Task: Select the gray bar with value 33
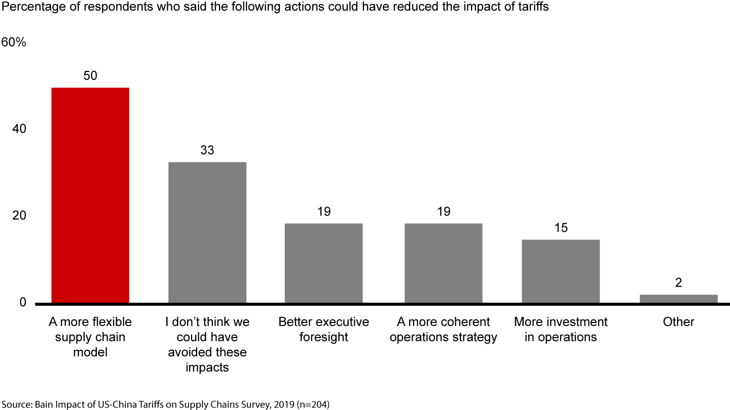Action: coord(207,232)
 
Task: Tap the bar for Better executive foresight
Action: coord(323,263)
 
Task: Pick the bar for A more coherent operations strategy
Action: coord(443,263)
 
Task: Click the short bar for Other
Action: coord(678,299)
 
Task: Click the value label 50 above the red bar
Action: coord(90,76)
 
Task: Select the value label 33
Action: coord(207,150)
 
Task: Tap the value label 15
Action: coord(561,228)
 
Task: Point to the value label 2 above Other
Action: coord(678,283)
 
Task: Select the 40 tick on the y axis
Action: coord(19,130)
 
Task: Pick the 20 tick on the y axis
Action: coord(19,216)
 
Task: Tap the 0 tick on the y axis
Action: coord(23,303)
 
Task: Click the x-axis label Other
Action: coord(678,322)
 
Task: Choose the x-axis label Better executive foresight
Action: coord(323,330)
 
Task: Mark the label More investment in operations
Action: coord(561,330)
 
